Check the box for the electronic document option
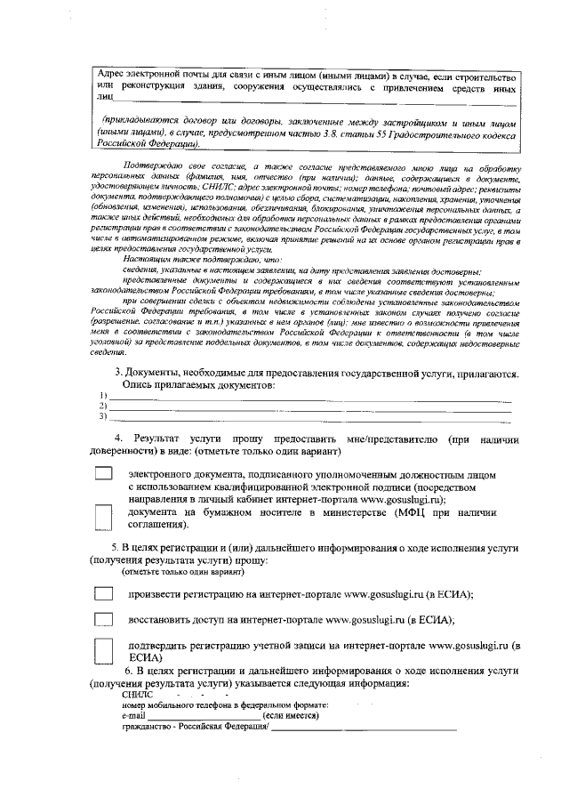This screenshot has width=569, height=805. pyautogui.click(x=104, y=477)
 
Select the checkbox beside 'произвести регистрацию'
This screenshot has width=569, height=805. pyautogui.click(x=104, y=594)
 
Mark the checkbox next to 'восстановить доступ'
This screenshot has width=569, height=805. pyautogui.click(x=104, y=619)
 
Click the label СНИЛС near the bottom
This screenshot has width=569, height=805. pyautogui.click(x=137, y=694)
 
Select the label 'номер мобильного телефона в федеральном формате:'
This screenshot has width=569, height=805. pyautogui.click(x=214, y=704)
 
